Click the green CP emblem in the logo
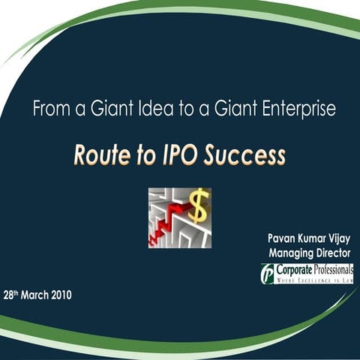[267, 273]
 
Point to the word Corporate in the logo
[295, 268]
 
